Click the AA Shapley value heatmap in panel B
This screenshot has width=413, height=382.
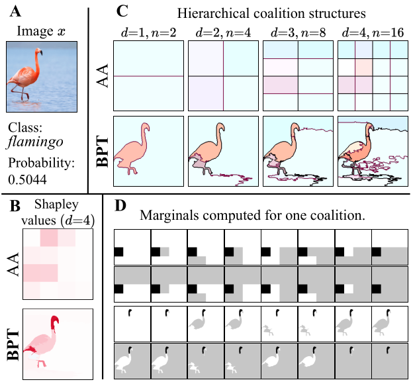pos(48,263)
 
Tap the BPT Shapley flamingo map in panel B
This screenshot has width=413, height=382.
pos(48,342)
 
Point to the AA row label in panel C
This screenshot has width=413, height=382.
pos(101,77)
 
